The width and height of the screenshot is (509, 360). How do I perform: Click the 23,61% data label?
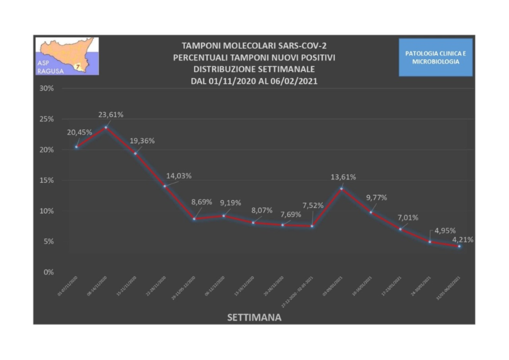[111, 115]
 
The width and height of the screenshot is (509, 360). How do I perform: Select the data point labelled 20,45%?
[76, 147]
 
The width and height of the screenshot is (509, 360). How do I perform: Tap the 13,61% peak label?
[343, 177]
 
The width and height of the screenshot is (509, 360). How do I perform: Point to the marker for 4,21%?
[459, 246]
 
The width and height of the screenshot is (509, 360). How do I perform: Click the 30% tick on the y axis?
[46, 89]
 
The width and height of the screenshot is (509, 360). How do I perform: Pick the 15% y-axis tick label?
[46, 181]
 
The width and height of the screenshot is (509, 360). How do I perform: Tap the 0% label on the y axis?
[49, 272]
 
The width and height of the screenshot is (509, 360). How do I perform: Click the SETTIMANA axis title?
[254, 318]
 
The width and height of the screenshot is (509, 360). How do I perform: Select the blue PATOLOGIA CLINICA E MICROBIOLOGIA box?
[435, 57]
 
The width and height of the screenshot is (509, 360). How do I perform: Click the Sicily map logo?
[67, 55]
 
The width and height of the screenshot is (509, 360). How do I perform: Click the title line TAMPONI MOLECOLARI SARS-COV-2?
[254, 46]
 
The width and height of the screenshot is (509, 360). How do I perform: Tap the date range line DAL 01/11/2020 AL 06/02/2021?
[254, 81]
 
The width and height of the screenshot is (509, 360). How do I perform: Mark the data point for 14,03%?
[165, 186]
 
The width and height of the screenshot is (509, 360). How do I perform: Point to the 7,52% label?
[312, 205]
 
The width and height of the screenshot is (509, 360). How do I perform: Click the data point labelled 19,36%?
[135, 153]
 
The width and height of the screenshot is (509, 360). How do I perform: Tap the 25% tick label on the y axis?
[46, 119]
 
